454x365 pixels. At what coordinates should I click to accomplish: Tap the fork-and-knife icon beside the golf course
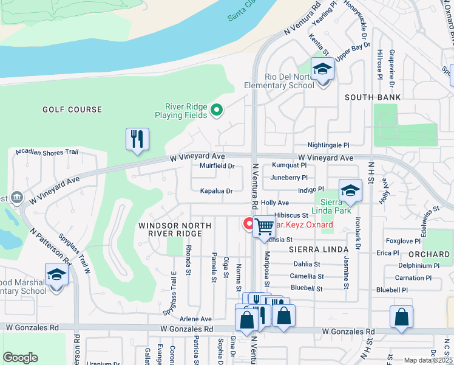(x=137, y=139)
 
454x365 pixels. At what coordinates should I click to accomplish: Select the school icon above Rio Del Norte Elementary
(x=322, y=70)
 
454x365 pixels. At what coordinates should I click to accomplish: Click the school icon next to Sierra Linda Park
(x=350, y=191)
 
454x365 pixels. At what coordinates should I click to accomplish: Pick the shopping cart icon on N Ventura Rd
(x=265, y=226)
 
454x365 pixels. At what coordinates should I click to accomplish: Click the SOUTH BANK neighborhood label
(x=373, y=97)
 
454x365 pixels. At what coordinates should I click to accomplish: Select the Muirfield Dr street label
(x=217, y=165)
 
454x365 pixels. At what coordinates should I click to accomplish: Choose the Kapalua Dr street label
(x=217, y=191)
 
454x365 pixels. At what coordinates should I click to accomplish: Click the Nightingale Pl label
(x=328, y=146)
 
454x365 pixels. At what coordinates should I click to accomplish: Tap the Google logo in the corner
(x=21, y=357)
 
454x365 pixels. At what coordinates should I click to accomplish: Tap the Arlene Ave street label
(x=195, y=319)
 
